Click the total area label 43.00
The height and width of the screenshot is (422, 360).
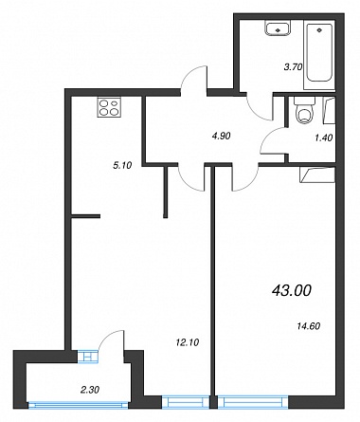click(292, 290)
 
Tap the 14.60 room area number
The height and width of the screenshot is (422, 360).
click(309, 325)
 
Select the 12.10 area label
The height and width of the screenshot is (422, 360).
click(188, 342)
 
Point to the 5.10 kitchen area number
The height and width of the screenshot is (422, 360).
click(122, 165)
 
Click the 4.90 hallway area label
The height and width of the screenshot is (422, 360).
click(221, 136)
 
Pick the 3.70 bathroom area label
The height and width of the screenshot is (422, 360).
click(293, 67)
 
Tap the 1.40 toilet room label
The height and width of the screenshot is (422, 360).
click(324, 138)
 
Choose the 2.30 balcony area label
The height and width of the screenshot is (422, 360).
click(90, 390)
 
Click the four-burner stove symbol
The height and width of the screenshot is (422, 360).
click(110, 107)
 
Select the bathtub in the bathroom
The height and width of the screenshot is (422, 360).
click(319, 53)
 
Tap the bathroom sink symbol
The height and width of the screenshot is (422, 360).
click(278, 28)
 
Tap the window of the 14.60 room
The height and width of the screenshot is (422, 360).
click(253, 402)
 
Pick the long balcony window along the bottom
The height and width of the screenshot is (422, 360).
click(79, 405)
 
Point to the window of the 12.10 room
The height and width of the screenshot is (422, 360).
click(186, 402)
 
